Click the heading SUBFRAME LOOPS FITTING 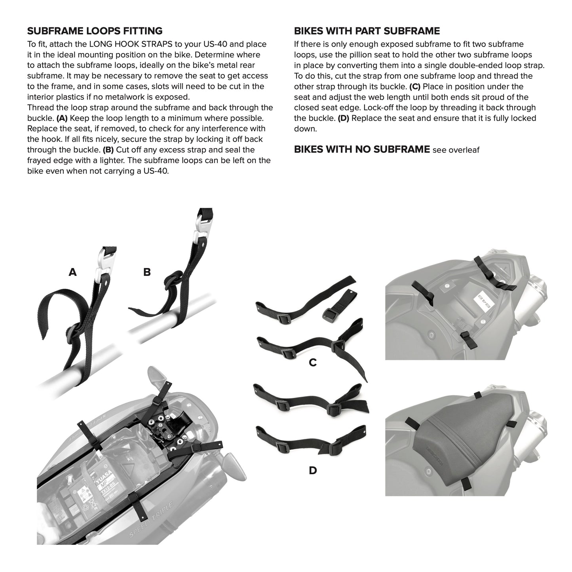95,31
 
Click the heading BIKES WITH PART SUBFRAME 367,31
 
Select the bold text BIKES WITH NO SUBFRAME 362,149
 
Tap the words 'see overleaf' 456,150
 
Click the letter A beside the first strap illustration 72,272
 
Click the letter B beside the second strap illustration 147,272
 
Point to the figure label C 313,363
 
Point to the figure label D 313,470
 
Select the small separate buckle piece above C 340,305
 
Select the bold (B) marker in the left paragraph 108,150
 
